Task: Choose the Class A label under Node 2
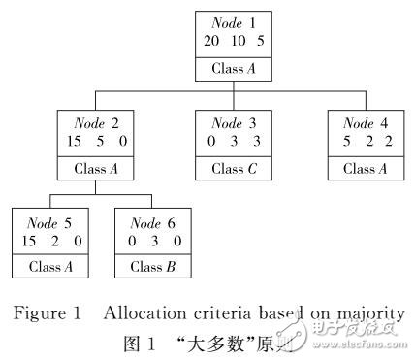pos(95,169)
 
